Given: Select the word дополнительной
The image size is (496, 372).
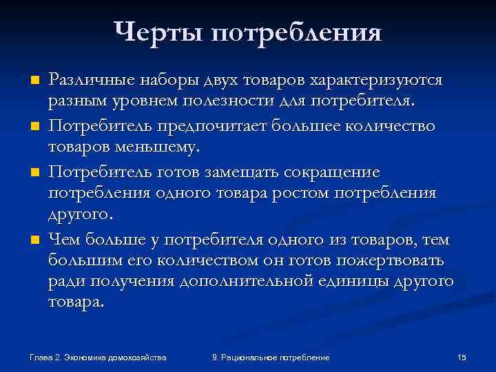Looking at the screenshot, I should (264, 282).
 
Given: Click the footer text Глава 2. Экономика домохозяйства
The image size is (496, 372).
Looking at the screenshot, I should (99, 357).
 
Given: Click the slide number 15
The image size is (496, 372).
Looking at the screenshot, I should (462, 357).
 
